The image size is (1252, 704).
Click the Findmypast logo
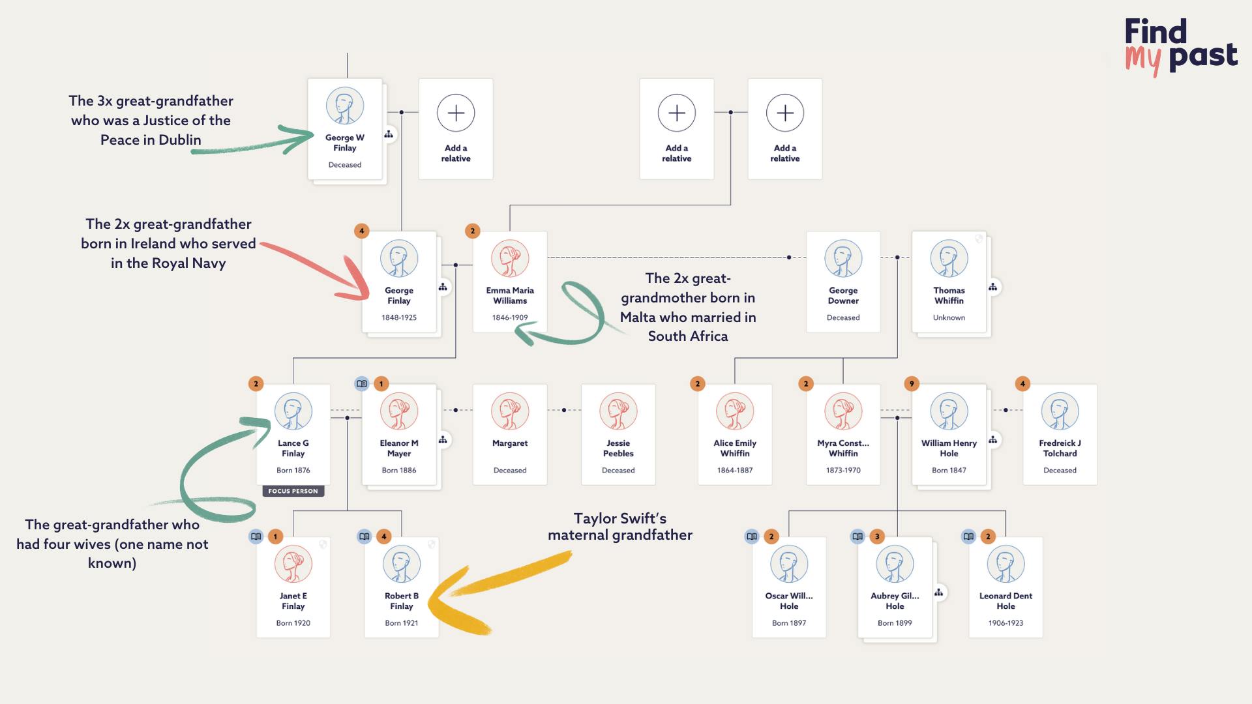[1180, 46]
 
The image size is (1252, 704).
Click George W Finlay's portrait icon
[345, 106]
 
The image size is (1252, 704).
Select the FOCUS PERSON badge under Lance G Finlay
[293, 491]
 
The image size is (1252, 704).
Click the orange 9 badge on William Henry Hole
[912, 384]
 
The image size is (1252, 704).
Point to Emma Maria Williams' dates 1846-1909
[510, 317]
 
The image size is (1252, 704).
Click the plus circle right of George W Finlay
[456, 113]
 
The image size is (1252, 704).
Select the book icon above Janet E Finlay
[256, 536]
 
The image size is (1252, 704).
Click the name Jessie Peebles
[618, 448]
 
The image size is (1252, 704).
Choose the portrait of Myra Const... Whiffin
[843, 411]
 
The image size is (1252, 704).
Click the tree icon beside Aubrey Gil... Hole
[938, 593]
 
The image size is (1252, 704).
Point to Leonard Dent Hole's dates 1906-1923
[1006, 623]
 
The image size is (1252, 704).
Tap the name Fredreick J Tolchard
[1060, 448]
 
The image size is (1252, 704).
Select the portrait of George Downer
[843, 259]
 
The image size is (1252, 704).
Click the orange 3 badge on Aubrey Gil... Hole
[877, 536]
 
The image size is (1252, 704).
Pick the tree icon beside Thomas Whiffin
[992, 287]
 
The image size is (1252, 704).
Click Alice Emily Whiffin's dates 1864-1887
[735, 470]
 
